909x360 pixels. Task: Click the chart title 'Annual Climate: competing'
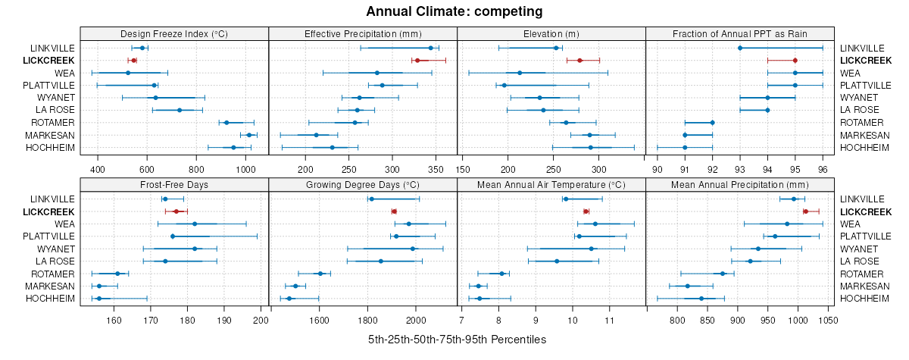click(454, 11)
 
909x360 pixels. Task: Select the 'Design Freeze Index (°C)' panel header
click(173, 33)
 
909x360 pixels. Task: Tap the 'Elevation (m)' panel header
click(551, 33)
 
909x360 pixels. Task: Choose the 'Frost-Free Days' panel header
click(173, 184)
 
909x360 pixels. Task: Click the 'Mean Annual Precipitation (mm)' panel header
click(739, 184)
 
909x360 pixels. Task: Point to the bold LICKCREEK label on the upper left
click(48, 61)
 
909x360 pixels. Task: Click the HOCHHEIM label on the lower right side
click(864, 299)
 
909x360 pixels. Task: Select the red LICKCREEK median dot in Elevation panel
click(579, 61)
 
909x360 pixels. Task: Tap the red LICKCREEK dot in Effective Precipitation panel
click(417, 61)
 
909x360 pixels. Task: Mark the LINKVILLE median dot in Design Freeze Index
click(142, 48)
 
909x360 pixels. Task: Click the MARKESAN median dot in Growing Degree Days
click(295, 286)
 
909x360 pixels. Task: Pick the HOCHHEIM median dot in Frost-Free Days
click(99, 299)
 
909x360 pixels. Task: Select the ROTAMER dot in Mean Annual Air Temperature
click(501, 274)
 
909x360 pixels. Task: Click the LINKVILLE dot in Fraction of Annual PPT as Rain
click(740, 48)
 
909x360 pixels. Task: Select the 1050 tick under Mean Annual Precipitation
click(828, 320)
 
